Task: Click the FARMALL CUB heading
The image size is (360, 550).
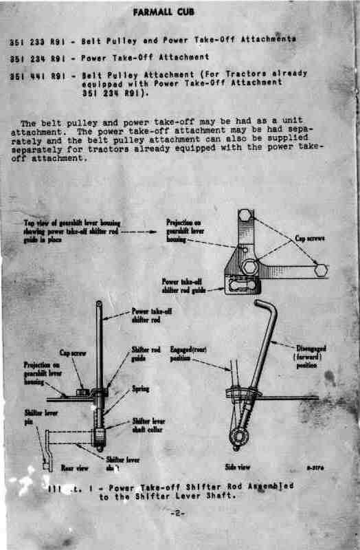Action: point(180,13)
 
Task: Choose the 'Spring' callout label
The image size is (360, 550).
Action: point(140,388)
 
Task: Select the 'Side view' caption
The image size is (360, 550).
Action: point(238,467)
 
